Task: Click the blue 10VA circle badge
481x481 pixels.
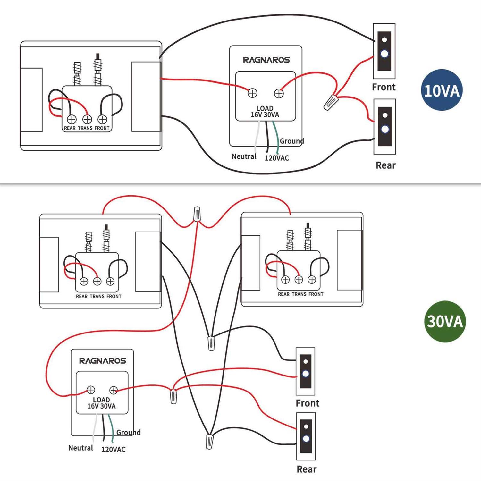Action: tap(442, 90)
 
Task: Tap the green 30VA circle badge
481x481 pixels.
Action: tap(445, 321)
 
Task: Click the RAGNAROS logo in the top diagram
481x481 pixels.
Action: tap(266, 60)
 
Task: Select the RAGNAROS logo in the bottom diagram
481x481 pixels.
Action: tap(103, 361)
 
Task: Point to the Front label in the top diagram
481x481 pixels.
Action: tap(384, 87)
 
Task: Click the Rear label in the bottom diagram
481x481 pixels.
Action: tap(307, 469)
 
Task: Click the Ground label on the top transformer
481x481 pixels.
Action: tap(291, 141)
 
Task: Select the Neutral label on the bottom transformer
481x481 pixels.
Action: tap(80, 448)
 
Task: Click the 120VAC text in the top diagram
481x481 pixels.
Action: tap(277, 158)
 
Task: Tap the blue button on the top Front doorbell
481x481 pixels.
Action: tap(384, 54)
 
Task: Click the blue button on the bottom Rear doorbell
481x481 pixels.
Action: tap(306, 438)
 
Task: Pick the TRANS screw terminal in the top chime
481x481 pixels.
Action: tap(87, 119)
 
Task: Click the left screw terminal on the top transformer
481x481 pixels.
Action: tap(252, 93)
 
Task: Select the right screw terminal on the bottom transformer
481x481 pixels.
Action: tap(114, 390)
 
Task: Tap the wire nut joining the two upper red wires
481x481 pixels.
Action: tap(197, 214)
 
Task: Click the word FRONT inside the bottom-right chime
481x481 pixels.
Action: tap(316, 294)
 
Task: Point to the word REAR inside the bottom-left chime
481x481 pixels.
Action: tap(81, 296)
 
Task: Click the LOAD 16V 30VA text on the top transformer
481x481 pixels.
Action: tap(265, 112)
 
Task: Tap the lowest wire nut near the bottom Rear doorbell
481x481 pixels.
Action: tap(209, 441)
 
